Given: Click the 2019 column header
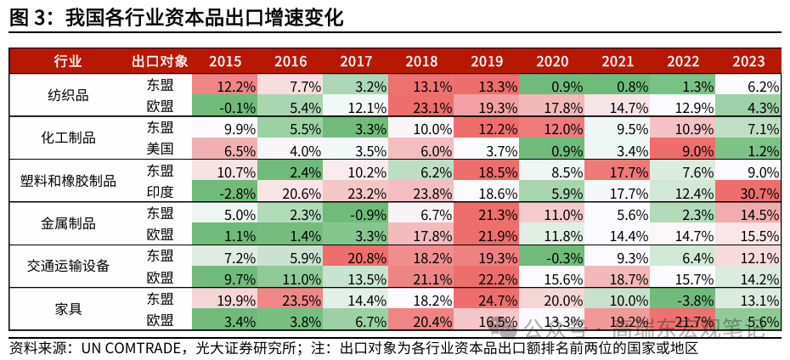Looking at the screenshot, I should tap(487, 61).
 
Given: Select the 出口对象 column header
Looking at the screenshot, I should tap(160, 61).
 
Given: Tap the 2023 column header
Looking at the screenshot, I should tap(748, 61).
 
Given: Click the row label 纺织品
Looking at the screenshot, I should tap(68, 95).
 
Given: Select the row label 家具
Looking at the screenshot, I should tap(68, 309).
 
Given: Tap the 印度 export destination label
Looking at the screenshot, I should tap(160, 192).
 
